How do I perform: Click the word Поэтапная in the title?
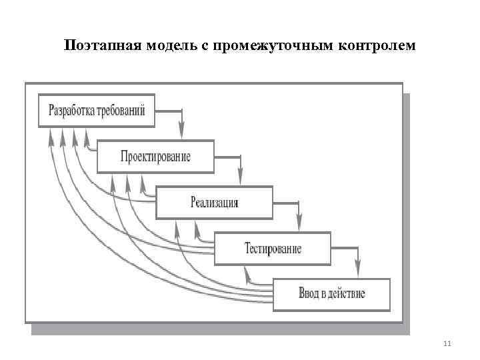99,46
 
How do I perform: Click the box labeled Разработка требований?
97,111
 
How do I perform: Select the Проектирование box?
155,157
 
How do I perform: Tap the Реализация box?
214,203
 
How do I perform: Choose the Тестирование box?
273,249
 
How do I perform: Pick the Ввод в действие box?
332,294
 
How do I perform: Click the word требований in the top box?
121,111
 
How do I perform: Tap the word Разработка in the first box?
70,111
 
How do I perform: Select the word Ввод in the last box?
308,294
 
